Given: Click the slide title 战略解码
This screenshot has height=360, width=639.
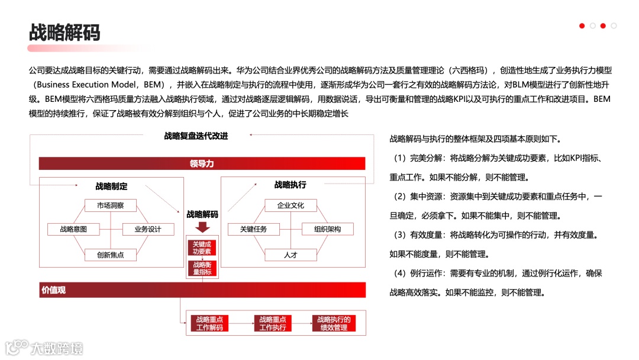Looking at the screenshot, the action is point(64,32).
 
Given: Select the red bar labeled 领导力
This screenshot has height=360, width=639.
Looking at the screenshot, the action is point(202,163).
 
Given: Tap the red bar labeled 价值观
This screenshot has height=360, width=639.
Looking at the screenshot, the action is point(202,290).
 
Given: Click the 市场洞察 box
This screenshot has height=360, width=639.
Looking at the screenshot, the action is point(109,206).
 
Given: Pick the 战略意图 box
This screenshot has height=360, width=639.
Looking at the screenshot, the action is point(73,229).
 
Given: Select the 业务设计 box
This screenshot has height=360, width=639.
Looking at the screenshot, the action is point(148,229).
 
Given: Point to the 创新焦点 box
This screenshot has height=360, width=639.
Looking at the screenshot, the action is point(111,255).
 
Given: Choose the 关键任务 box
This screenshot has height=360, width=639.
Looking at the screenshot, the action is point(253,229).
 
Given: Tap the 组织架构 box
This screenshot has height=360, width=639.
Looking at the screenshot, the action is point(328,229).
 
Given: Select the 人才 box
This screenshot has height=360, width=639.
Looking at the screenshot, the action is point(291,255).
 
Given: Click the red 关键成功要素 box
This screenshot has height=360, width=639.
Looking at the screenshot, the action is point(202,248).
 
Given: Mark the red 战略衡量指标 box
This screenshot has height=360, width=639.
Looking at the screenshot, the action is point(202,268).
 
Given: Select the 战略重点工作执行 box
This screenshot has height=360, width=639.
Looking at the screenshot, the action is point(272,323).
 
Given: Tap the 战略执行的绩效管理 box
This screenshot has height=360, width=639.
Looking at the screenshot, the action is point(334,323).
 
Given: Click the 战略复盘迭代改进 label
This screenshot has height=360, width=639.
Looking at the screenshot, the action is point(196,136).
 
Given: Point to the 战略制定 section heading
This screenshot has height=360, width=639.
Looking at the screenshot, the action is point(111,186).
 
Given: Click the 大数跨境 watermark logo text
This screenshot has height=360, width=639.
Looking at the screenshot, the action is point(56,348).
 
